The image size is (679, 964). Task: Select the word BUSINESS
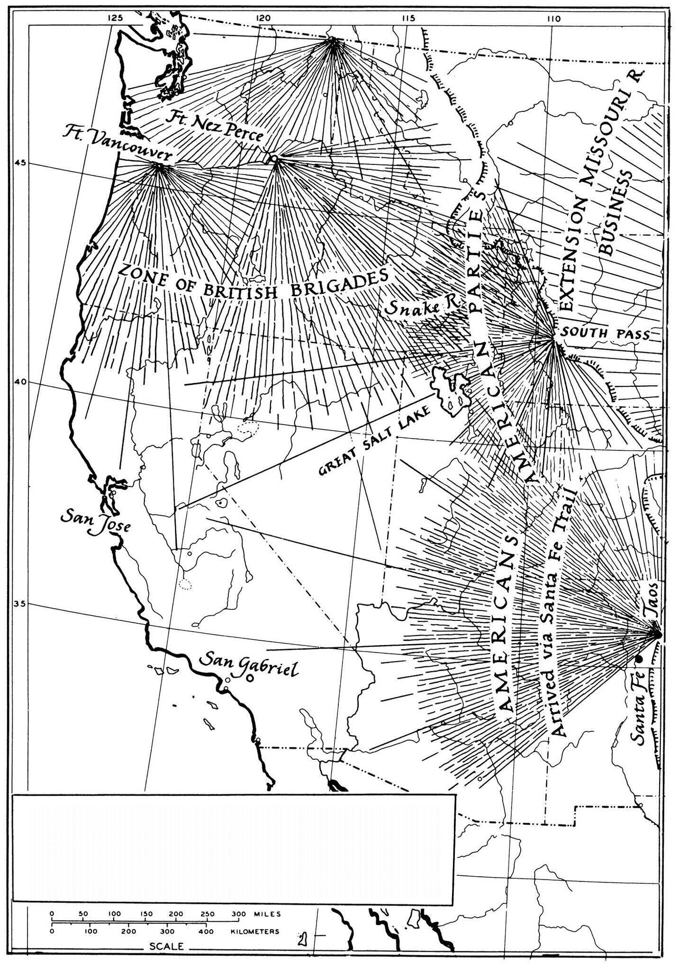(616, 213)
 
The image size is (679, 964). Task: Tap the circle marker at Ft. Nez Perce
(273, 158)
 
